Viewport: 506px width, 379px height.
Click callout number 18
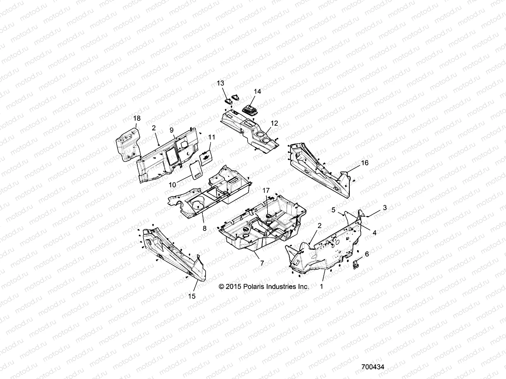(x=137, y=118)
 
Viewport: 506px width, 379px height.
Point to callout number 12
(x=274, y=123)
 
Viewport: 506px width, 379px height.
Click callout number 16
(x=365, y=163)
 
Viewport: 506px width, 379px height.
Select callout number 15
(x=192, y=296)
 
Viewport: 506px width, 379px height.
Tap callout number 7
(x=262, y=263)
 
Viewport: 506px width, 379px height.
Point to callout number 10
(x=172, y=185)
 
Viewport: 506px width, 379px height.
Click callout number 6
(x=367, y=254)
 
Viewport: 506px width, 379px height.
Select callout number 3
(x=385, y=208)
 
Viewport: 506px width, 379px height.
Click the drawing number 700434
(x=373, y=368)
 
